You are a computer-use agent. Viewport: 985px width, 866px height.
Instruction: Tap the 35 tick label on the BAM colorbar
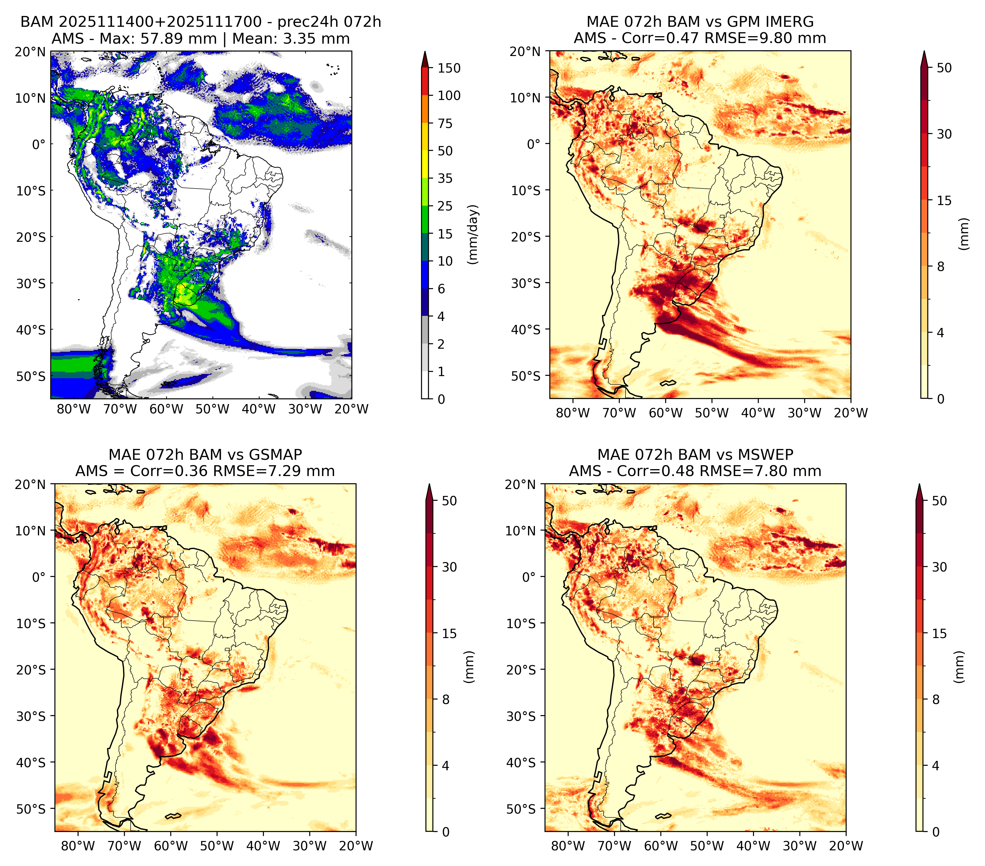tap(445, 178)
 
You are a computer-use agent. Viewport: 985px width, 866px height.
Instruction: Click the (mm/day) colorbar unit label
tap(473, 234)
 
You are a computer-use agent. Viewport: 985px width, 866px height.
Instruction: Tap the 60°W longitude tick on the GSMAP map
tap(171, 846)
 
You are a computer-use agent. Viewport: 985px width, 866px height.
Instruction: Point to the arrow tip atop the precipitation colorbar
tap(425, 51)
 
